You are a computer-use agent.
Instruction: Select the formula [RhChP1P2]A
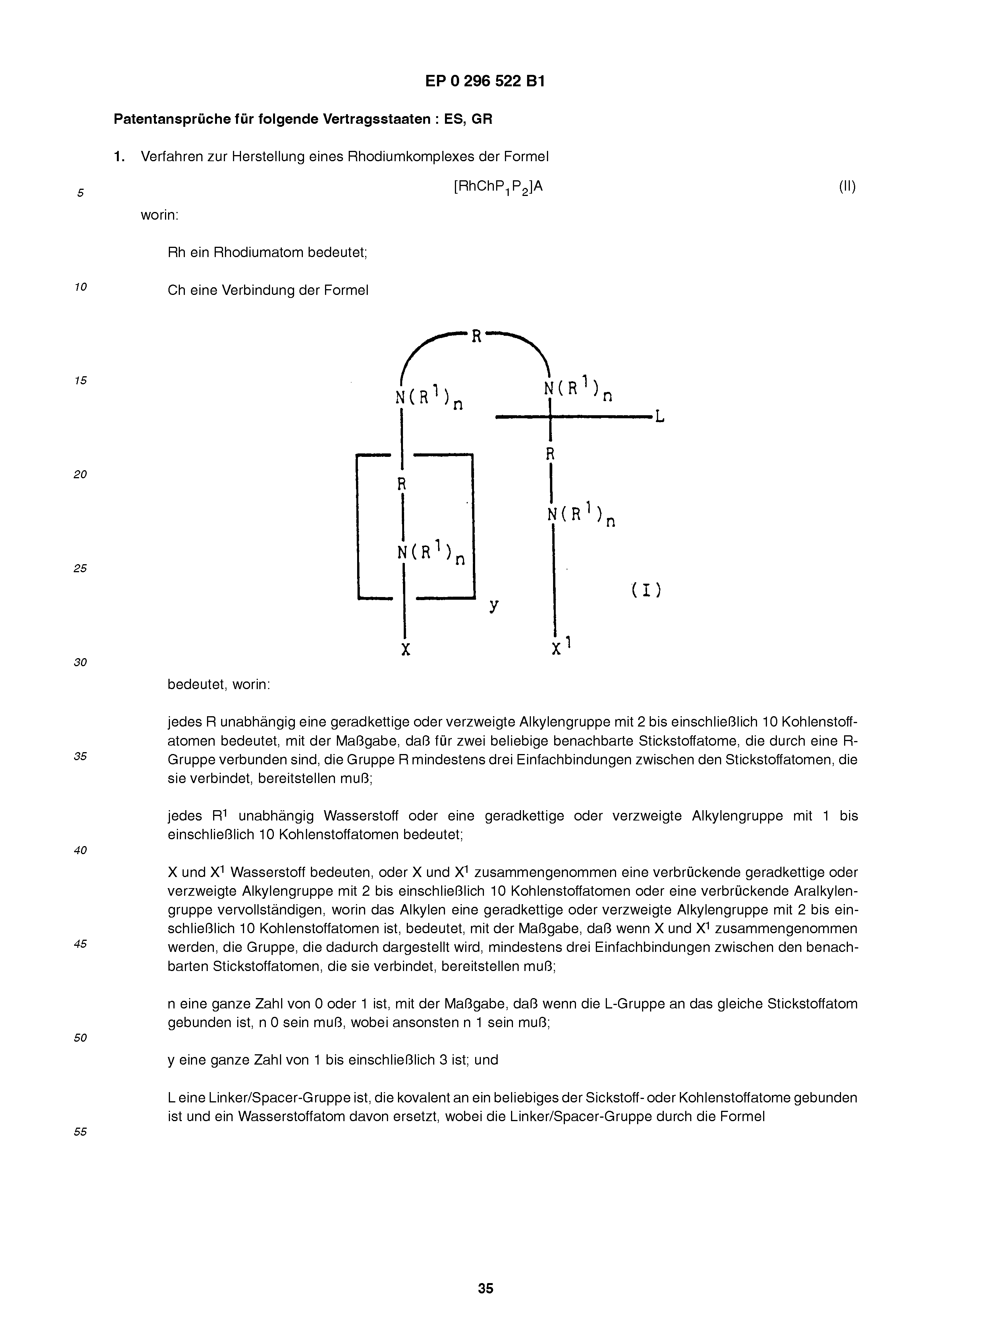(498, 187)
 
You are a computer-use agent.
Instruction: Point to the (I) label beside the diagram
(646, 590)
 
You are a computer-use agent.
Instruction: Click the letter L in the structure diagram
(659, 416)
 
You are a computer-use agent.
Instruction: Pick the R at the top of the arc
(476, 336)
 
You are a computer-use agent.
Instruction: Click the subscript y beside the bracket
(494, 606)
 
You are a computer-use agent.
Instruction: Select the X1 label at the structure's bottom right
(560, 647)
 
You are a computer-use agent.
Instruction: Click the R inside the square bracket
(402, 484)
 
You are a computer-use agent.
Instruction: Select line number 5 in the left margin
(80, 193)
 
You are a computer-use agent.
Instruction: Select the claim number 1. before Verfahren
(119, 157)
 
